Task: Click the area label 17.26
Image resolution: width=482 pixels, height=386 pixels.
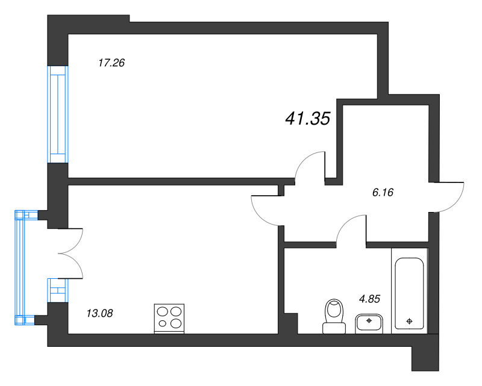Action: coord(111,62)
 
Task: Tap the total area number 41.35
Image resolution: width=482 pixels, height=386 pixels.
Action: coord(307,119)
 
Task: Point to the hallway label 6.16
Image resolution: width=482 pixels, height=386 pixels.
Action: coord(386,193)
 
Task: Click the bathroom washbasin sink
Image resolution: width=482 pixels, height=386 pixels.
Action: coord(368,323)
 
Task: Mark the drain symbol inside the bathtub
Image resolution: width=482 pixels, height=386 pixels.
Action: coord(410,321)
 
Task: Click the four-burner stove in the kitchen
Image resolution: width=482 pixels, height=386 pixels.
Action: coord(169,318)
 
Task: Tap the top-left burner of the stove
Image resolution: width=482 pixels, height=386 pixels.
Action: coord(163,312)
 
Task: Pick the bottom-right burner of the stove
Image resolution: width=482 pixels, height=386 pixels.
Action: coord(176,324)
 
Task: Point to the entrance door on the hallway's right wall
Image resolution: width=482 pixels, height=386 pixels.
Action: coord(447,196)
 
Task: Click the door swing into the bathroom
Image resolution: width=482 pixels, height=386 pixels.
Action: coord(351,229)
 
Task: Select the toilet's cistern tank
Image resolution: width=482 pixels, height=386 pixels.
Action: coord(334,328)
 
